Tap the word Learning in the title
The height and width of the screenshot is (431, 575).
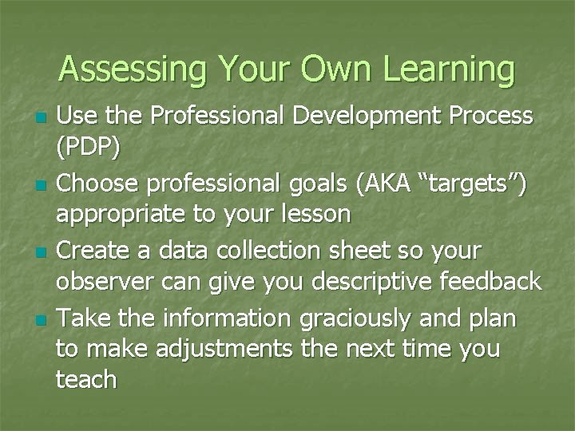pyautogui.click(x=449, y=69)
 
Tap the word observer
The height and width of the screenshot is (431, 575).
pyautogui.click(x=105, y=281)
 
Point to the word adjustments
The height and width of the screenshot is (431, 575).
pyautogui.click(x=208, y=349)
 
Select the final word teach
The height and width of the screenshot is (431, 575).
pyautogui.click(x=86, y=379)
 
